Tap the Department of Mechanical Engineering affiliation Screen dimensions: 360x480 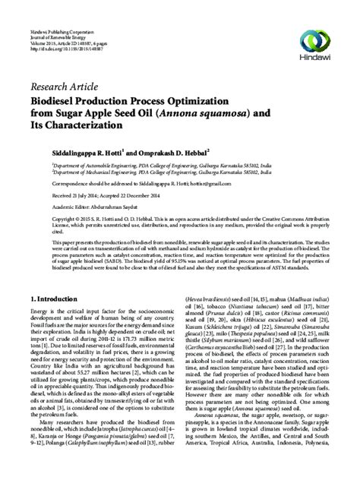pyautogui.click(x=152, y=174)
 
